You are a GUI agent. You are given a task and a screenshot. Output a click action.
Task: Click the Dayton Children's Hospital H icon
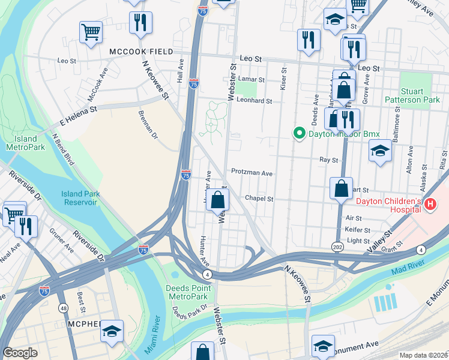click(x=430, y=205)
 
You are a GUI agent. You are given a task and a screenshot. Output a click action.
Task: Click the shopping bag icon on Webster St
click(x=219, y=200)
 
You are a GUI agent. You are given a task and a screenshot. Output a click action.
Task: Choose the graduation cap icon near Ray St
click(x=380, y=150)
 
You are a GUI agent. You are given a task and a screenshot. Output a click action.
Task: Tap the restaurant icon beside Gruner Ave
click(x=26, y=226)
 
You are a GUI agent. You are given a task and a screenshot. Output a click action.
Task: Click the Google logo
click(x=20, y=353)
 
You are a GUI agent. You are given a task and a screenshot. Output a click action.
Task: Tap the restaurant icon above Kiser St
click(x=309, y=40)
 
